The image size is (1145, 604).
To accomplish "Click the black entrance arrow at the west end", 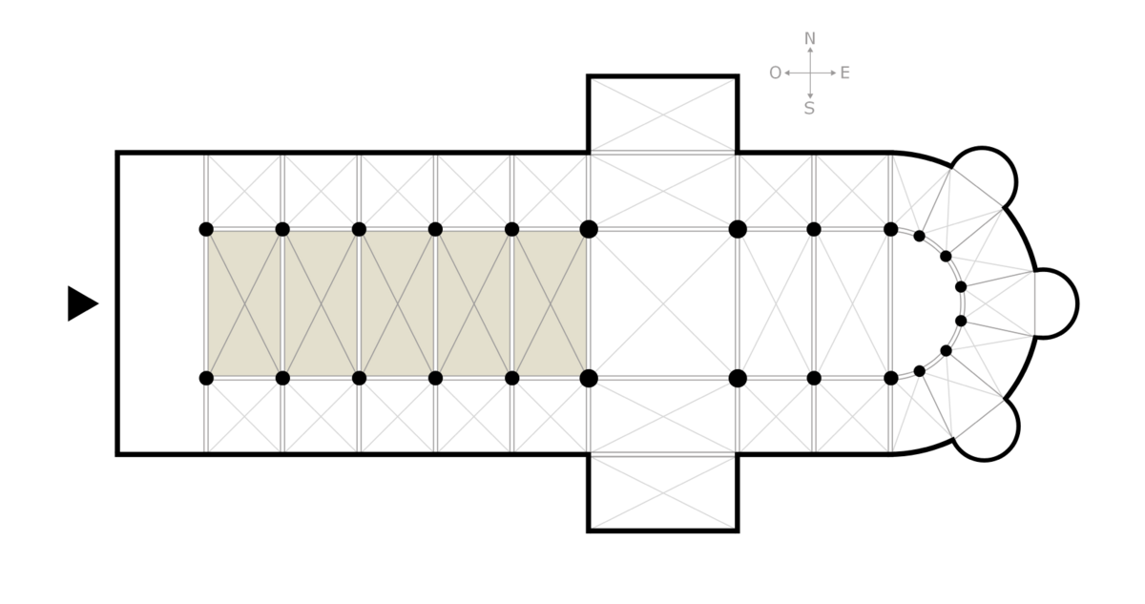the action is click(81, 303).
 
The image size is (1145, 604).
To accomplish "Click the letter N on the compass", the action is click(810, 39).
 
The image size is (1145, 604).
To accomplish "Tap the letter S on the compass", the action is click(809, 109).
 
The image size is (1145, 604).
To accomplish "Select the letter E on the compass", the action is click(845, 73).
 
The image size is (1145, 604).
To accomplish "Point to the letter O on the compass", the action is click(776, 73).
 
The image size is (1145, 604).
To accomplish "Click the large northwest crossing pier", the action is click(589, 229).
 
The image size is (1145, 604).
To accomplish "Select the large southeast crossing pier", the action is click(738, 379).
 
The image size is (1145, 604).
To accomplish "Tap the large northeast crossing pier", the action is click(738, 229).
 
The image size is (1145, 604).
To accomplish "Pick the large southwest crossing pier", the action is click(589, 379).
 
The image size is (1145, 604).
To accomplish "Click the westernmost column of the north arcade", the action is click(206, 229).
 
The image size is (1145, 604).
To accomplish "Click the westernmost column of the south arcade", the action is click(206, 379).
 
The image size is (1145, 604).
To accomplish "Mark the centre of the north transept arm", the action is click(663, 115).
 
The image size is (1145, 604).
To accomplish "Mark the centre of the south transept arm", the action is click(663, 493).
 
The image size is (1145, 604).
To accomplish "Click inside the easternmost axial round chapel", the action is click(1054, 303).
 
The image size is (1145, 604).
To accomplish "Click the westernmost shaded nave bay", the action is click(244, 304).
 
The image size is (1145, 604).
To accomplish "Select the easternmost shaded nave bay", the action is click(550, 304).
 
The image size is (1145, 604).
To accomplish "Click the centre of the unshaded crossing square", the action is click(663, 304).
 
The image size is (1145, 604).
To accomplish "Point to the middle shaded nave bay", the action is click(397, 304).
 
